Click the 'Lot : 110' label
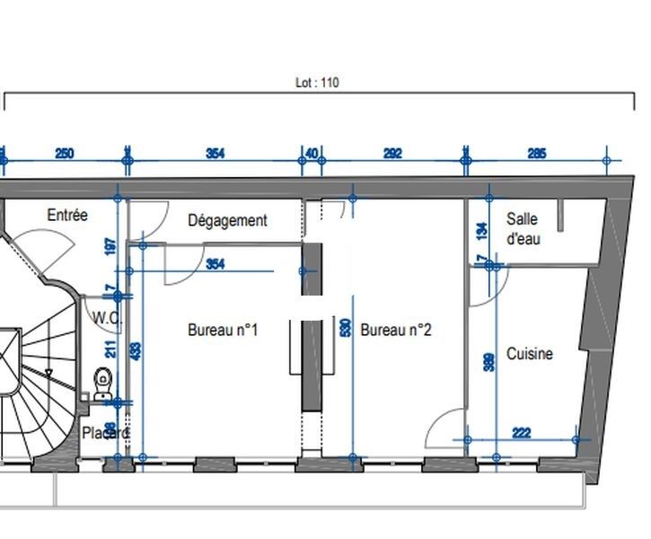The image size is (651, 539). [317, 83]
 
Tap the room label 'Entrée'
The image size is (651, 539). [67, 216]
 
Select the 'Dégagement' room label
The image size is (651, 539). [227, 220]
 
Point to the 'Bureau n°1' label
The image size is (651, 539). [223, 330]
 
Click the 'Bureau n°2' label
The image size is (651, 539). [396, 330]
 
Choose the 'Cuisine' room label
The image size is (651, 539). [530, 354]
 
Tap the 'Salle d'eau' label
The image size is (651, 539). [523, 229]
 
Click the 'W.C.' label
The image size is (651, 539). [107, 317]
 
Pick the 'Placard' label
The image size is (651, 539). [106, 433]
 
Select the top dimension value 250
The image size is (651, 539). [65, 154]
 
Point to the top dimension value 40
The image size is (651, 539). [312, 154]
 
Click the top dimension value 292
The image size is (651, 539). [392, 154]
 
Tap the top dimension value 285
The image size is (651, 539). [536, 154]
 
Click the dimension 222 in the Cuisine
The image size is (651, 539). [520, 433]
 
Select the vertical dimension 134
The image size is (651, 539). [480, 232]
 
